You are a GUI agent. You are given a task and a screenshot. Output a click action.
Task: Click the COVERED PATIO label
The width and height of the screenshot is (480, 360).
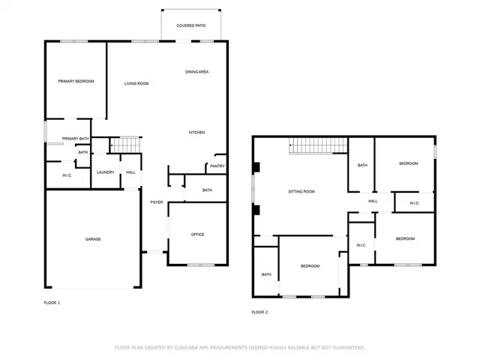[191, 25]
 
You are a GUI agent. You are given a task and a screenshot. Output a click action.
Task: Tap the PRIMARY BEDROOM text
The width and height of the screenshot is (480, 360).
[76, 81]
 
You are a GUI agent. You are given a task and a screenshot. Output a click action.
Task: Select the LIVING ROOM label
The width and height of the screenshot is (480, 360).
[136, 83]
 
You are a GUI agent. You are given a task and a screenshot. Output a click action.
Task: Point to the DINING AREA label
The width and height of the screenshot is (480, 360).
[197, 71]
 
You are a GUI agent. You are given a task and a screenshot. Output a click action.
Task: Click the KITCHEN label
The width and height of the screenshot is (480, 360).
[196, 133]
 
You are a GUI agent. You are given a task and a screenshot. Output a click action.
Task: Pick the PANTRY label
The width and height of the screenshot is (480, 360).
[217, 166]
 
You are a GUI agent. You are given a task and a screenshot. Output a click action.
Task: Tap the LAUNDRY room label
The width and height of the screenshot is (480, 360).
[105, 172]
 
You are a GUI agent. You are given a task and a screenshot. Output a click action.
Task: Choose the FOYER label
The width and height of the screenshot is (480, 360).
[157, 202]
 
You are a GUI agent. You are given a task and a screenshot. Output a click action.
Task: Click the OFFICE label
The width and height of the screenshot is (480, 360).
[197, 235]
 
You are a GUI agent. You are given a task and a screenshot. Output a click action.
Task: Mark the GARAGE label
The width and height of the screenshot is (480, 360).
[92, 239]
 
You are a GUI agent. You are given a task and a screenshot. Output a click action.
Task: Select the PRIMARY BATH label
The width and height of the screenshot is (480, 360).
[76, 139]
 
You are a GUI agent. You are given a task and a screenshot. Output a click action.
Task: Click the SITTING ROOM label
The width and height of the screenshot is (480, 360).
[301, 191]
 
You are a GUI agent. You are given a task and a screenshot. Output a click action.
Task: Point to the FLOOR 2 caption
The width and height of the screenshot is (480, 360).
[259, 312]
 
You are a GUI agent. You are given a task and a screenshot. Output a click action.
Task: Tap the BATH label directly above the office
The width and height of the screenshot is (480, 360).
[207, 190]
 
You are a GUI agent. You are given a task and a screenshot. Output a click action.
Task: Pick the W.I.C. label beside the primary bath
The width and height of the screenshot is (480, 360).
[57, 175]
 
